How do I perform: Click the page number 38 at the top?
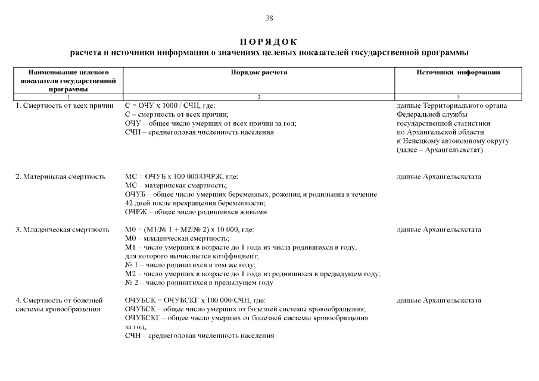tap(269, 18)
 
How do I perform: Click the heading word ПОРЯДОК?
tap(269, 42)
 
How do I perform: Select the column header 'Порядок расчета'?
tap(258, 73)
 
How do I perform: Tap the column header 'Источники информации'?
tap(458, 73)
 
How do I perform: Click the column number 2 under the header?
tap(258, 96)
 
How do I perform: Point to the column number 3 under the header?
tap(458, 96)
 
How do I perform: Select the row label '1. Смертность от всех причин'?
tap(64, 106)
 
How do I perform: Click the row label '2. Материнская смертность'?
tap(60, 177)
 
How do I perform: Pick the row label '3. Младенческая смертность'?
tap(63, 230)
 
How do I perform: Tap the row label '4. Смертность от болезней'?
tap(59, 301)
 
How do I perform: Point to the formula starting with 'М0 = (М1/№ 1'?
tap(190, 230)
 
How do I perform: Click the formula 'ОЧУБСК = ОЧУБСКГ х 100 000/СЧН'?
tap(195, 301)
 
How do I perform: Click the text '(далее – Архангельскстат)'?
tap(440, 150)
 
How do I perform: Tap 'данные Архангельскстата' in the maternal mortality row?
tap(438, 177)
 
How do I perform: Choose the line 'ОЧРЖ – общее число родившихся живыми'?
tap(196, 212)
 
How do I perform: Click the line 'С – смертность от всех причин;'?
tap(177, 115)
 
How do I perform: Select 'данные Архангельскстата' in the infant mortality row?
tap(438, 230)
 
